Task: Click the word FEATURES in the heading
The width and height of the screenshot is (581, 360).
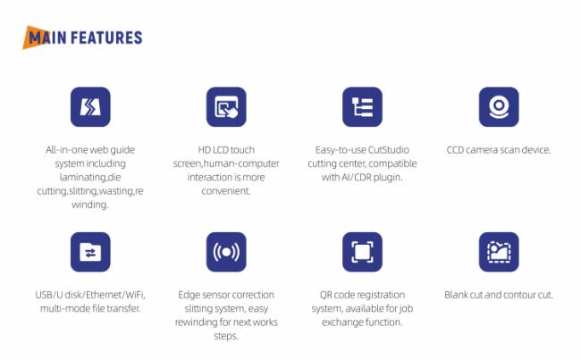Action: click(x=106, y=38)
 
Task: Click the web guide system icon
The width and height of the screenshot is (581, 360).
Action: click(x=90, y=107)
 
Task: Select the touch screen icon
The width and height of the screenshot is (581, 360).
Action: click(x=226, y=107)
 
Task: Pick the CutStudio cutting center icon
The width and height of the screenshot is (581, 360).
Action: click(x=362, y=107)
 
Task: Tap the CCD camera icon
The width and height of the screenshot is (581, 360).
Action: click(x=499, y=107)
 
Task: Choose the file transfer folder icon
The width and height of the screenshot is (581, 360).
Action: click(x=90, y=252)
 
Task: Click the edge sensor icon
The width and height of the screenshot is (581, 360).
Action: click(x=226, y=252)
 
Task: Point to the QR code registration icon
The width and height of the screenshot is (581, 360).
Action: click(x=362, y=252)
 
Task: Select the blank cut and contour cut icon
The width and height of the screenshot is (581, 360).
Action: click(x=499, y=252)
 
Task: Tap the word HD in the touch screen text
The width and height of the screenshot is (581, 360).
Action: click(x=204, y=150)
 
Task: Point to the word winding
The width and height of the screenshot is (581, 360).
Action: click(x=90, y=205)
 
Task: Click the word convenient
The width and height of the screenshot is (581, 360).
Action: click(x=226, y=191)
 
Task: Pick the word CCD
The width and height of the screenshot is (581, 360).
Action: click(x=455, y=150)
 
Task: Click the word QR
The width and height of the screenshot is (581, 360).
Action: click(x=325, y=295)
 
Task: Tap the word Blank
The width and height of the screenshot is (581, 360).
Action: click(x=456, y=295)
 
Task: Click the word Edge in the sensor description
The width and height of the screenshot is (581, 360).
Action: click(x=188, y=295)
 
